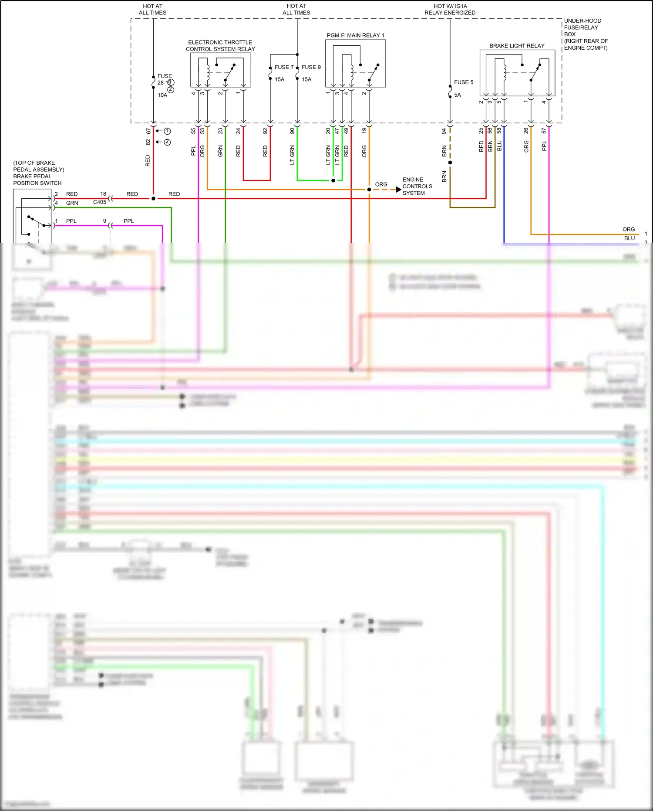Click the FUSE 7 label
click(x=284, y=67)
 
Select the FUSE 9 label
click(x=311, y=67)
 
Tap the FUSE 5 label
click(x=463, y=82)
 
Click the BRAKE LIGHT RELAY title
click(x=517, y=46)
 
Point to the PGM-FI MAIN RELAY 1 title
click(x=355, y=35)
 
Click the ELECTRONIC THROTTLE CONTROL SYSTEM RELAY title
click(x=220, y=46)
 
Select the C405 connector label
click(x=99, y=202)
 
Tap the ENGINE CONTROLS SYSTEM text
click(x=417, y=187)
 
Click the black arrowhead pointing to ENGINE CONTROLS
click(x=398, y=190)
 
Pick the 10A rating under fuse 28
click(x=162, y=95)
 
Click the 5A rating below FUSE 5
click(x=458, y=95)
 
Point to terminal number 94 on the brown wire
click(x=444, y=131)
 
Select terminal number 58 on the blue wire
click(x=499, y=130)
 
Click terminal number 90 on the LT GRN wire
click(x=292, y=131)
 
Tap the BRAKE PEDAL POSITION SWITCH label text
click(x=37, y=180)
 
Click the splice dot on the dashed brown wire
click(x=450, y=163)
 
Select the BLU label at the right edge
click(x=629, y=238)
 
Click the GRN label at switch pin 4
click(x=72, y=203)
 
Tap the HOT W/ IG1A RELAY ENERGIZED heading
click(x=450, y=10)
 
